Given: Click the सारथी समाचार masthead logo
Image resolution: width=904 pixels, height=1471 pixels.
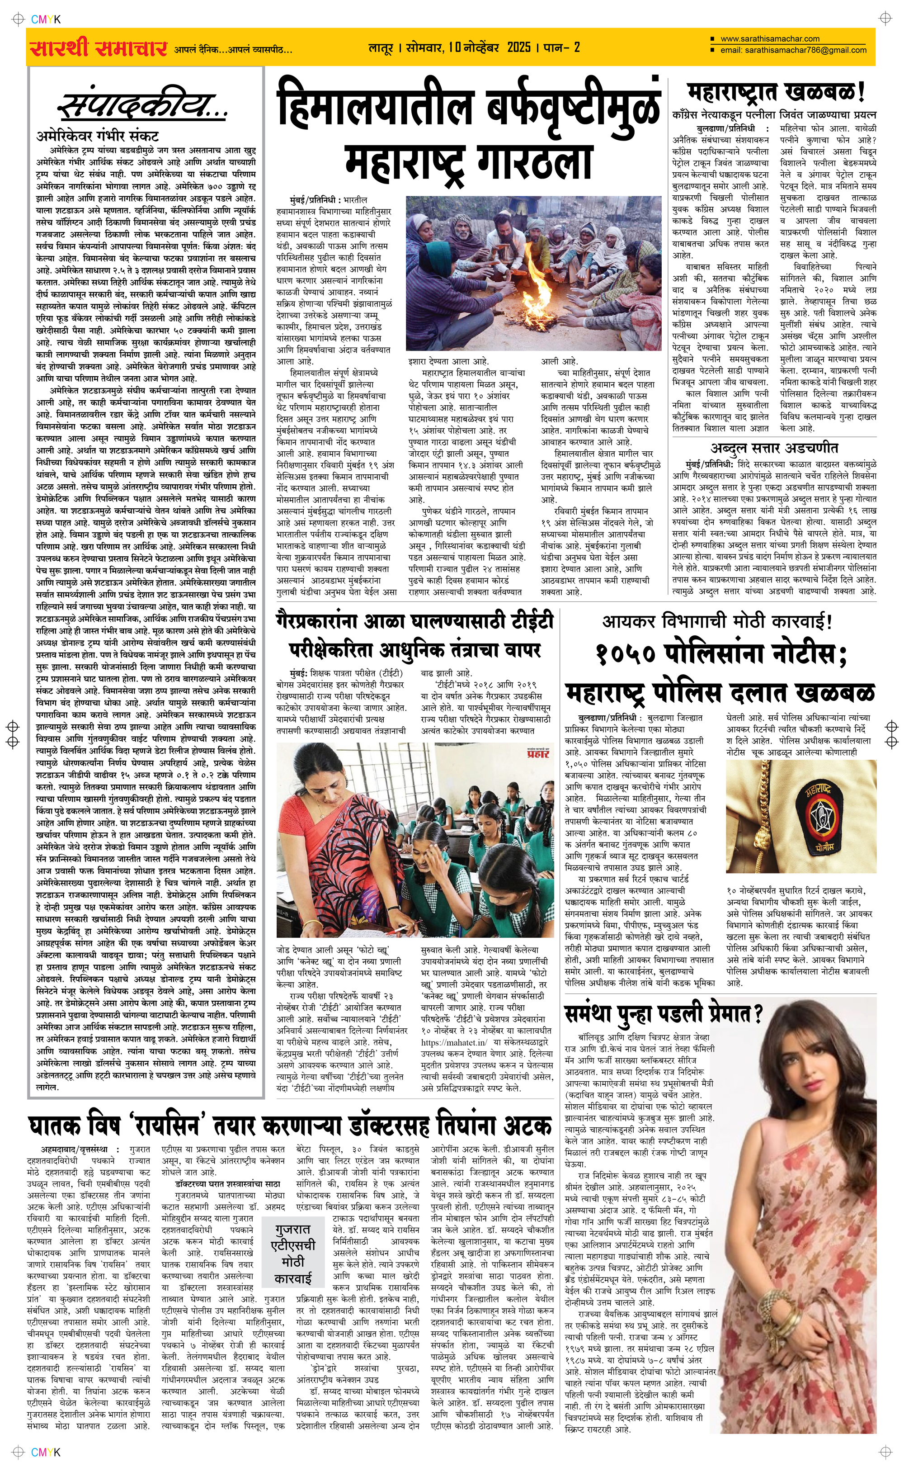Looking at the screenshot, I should [x=98, y=48].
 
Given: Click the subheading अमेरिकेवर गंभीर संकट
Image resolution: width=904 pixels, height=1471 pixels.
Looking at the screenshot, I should [x=98, y=136].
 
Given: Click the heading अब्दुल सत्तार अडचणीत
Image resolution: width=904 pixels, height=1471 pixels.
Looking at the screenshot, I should [x=774, y=447].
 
